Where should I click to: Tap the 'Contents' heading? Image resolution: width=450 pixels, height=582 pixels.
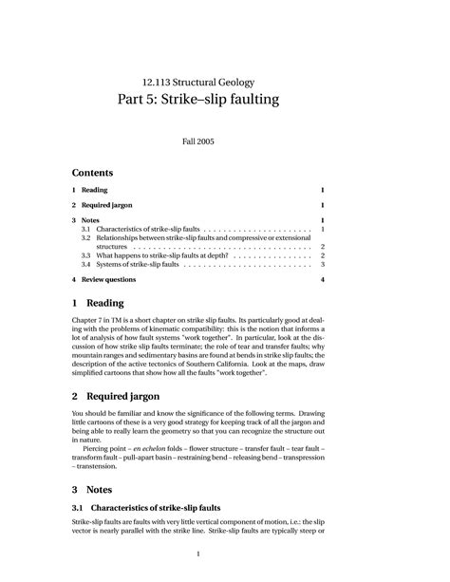pos(92,173)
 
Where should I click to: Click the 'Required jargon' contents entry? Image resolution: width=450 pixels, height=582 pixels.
pos(106,205)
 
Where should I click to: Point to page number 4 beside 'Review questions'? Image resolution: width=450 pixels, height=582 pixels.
pos(323,280)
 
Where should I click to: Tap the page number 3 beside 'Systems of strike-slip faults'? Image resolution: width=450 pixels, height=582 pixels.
pos(323,265)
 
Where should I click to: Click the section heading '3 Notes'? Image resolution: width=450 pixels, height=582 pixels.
pos(93,489)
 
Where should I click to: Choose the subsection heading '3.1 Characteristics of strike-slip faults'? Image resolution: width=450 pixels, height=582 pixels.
pos(146,510)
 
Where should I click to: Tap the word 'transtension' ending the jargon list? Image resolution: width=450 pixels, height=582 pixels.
pos(98,466)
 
